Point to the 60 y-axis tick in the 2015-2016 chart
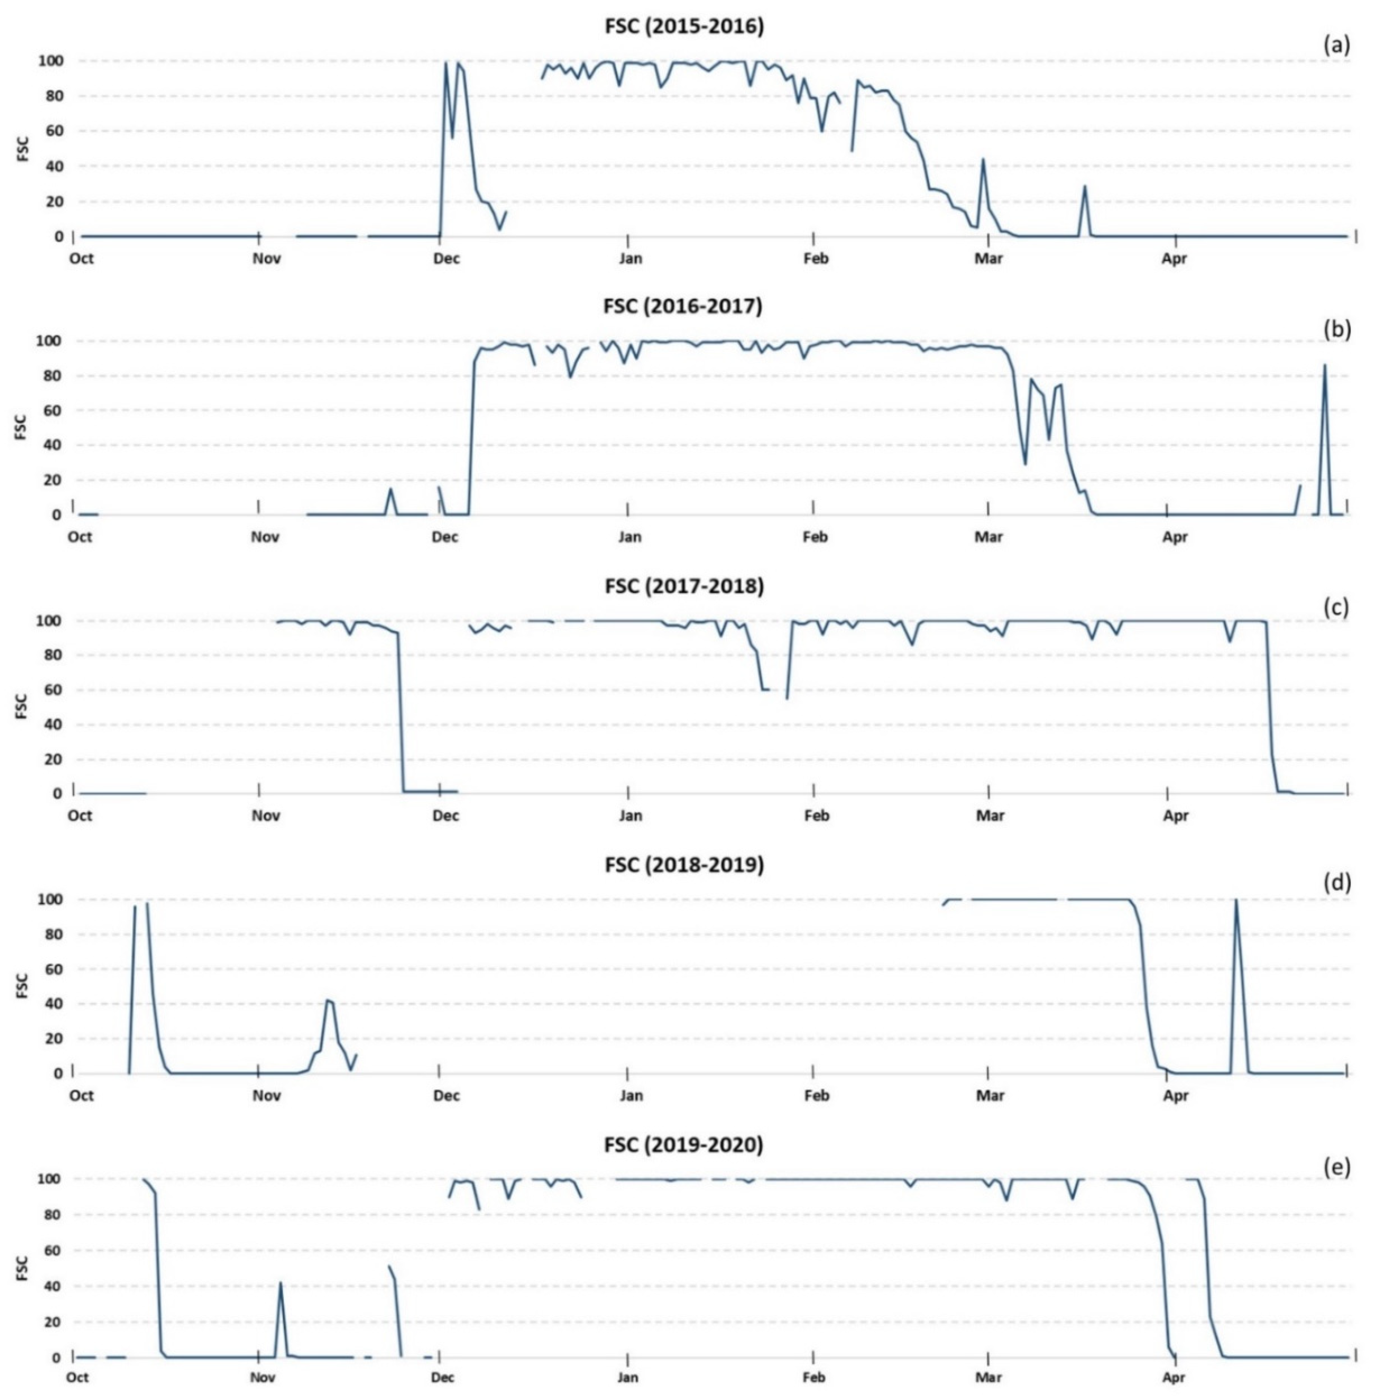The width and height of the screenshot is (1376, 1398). (x=54, y=131)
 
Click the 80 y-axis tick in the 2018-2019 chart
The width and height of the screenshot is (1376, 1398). (x=54, y=934)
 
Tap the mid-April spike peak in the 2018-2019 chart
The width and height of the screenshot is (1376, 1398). (x=1236, y=901)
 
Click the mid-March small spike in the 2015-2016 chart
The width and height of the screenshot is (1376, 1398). (x=1084, y=186)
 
